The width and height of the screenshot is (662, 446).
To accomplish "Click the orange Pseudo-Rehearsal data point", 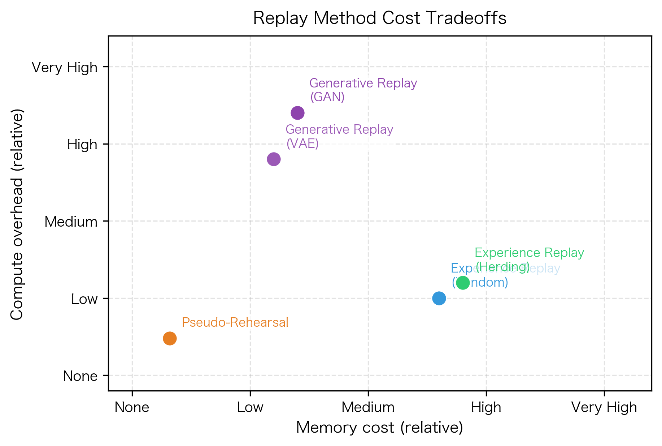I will point(170,338).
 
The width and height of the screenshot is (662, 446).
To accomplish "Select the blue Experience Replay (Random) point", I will point(439,298).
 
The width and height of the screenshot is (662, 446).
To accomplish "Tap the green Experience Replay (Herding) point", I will point(463,283).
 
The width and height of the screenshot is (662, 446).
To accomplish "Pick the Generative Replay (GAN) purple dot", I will point(297,113).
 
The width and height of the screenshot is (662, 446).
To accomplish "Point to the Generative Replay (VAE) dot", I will point(274,159).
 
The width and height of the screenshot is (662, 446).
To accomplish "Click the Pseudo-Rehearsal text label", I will point(235,322).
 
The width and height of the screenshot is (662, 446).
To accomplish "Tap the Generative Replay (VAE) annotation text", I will point(339,136).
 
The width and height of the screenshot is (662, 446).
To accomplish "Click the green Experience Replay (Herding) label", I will point(529,260).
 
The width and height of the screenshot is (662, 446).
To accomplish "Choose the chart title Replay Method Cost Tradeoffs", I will point(380,18).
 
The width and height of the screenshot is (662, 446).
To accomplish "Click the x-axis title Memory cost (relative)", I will point(379,428).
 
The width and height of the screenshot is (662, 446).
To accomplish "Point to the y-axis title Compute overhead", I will point(17,214).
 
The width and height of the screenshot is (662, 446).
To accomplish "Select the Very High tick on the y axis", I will point(65,68).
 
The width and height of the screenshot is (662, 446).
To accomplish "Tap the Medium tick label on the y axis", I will point(71,222).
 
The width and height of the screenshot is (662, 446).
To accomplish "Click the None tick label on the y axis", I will point(80,376).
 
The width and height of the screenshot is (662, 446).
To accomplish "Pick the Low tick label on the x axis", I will point(250,407).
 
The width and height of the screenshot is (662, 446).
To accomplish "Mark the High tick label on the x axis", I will point(486,407).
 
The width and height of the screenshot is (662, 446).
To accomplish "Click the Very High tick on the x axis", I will point(604,407).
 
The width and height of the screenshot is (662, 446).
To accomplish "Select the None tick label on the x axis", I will point(132,407).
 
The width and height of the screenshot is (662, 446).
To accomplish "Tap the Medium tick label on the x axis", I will point(368,407).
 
